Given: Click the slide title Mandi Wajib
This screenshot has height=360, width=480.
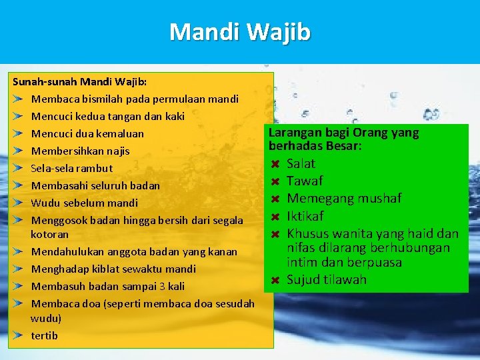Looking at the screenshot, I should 240,32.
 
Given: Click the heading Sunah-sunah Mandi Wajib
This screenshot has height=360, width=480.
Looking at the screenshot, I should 80,82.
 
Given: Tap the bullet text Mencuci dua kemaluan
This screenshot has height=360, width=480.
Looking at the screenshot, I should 87,134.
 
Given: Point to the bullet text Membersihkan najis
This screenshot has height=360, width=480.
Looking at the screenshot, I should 80,151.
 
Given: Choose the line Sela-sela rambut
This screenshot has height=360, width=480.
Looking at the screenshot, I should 71,169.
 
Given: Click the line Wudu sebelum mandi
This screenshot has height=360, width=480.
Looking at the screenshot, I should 84,203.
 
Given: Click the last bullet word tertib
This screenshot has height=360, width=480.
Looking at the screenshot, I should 44,336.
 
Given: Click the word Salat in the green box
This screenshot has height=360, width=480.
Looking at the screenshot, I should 301,164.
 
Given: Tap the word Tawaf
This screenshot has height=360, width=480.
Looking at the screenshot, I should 305,181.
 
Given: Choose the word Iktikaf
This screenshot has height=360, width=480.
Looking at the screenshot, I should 305,216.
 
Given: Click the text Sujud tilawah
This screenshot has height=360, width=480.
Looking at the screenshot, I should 327,280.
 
